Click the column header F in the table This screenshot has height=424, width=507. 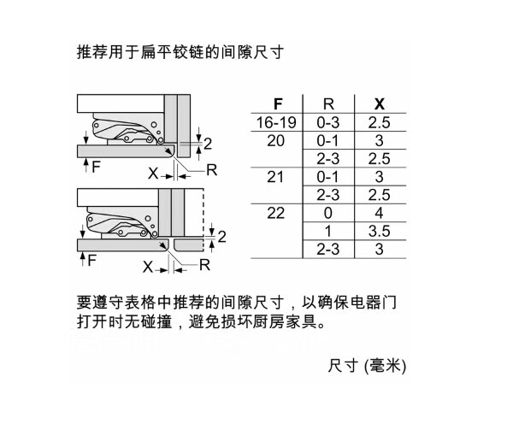[278, 104]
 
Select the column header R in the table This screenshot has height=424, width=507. [328, 104]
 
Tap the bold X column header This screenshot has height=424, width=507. [380, 104]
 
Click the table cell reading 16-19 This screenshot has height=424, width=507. [276, 122]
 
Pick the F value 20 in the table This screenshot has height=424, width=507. [275, 140]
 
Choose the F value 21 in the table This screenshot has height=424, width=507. [275, 177]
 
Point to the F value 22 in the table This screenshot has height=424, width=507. [275, 213]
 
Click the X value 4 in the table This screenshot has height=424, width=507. [379, 213]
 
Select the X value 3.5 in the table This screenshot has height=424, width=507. [379, 231]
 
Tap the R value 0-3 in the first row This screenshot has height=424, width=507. [327, 122]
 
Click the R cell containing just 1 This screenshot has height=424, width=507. [327, 231]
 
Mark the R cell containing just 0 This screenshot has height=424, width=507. [327, 213]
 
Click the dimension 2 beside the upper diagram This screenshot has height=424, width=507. [208, 144]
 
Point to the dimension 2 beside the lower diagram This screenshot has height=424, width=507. [221, 237]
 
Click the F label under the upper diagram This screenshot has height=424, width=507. [96, 167]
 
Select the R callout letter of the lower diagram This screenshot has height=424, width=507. [204, 265]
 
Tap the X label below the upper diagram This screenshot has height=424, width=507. [153, 174]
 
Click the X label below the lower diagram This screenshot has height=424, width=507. [148, 267]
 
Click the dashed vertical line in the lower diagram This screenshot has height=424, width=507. [203, 220]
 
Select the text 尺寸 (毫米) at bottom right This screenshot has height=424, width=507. [367, 366]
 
